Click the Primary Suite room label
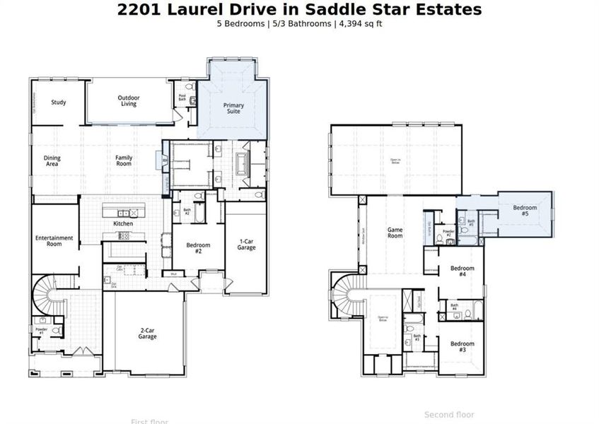coord(233,109)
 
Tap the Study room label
coord(59,102)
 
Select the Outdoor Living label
coord(129,101)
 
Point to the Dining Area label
coord(52,161)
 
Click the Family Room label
coord(124,161)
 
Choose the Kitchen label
coord(124,224)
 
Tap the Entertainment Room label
coord(54,241)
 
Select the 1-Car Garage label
coord(247,245)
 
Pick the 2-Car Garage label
coord(147,334)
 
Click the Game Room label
coord(395,232)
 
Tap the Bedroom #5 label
coord(525,211)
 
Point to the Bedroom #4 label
coord(463,271)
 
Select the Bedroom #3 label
coord(463,347)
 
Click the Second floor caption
coord(449,415)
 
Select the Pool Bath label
coord(182,98)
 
